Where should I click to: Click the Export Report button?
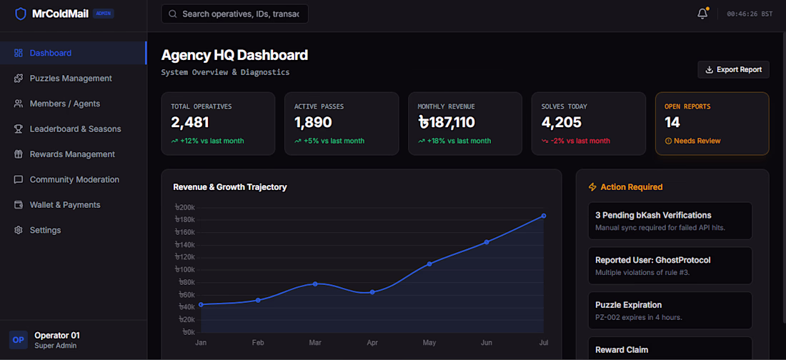point(733,70)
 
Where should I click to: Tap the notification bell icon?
point(702,14)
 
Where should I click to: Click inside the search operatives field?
point(234,14)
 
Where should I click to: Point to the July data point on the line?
point(543,216)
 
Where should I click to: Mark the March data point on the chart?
point(315,284)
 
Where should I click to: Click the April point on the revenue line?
point(372,292)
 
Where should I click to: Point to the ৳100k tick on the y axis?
point(184,270)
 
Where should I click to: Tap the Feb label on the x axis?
point(258,342)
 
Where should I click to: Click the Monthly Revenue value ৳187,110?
point(446,122)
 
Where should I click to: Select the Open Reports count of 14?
point(672,122)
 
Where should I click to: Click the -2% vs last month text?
point(580,141)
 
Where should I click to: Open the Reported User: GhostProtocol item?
point(670,266)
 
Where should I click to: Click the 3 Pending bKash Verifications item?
point(670,221)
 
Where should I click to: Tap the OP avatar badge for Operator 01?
point(18,339)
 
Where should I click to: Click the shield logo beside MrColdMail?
point(21,14)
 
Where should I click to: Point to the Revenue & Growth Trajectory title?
point(230,187)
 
